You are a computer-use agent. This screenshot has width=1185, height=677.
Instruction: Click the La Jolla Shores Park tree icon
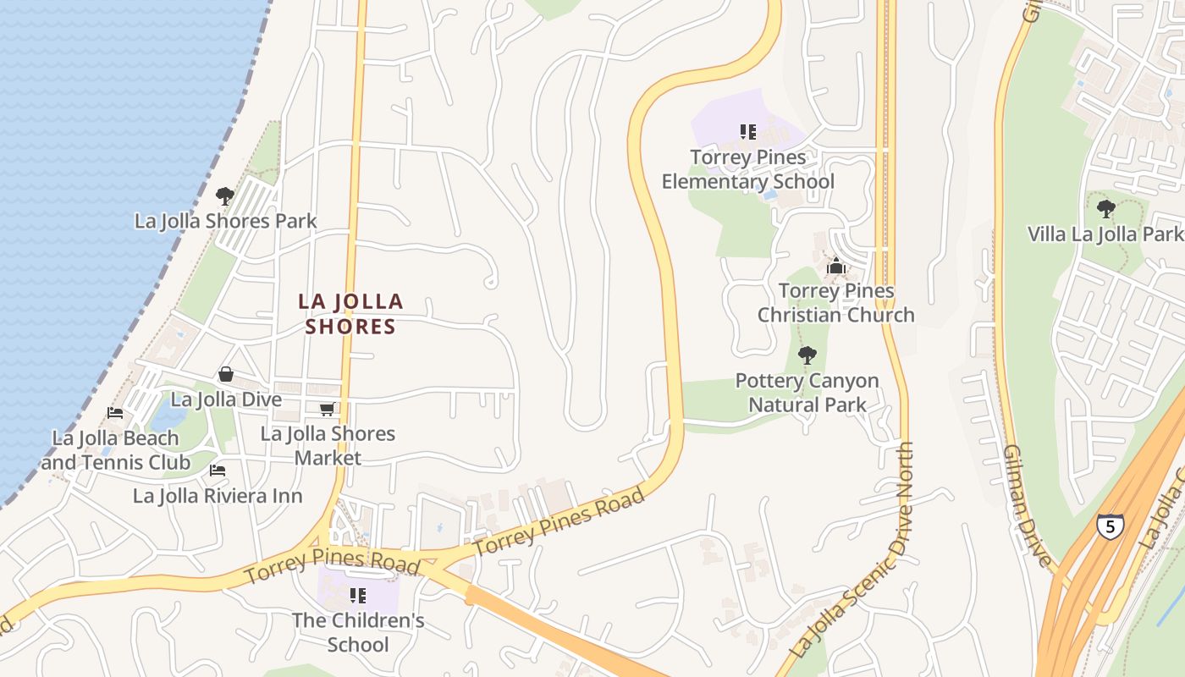pos(224,196)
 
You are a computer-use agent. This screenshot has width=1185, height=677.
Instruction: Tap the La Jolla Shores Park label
pos(225,221)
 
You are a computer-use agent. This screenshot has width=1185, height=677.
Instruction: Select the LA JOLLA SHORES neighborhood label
pos(350,314)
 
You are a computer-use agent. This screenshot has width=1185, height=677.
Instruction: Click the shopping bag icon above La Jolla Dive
pos(226,374)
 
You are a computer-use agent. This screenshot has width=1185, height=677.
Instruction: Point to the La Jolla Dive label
pos(226,399)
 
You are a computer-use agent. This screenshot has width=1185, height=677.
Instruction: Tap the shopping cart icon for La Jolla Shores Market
pos(327,410)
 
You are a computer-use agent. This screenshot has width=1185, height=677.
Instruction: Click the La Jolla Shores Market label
pos(328,445)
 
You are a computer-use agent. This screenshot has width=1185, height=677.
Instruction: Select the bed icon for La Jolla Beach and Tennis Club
pos(115,413)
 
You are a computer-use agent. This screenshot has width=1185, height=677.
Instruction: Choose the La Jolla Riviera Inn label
pos(218,496)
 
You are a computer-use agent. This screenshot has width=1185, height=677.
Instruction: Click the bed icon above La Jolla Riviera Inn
pos(218,471)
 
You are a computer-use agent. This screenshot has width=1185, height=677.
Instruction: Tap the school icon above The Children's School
pos(357,596)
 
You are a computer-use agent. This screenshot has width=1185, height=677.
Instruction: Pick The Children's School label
pos(358,632)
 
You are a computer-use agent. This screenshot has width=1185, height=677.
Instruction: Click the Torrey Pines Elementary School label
pos(747,169)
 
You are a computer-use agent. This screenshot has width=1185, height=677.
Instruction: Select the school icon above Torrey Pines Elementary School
pos(747,132)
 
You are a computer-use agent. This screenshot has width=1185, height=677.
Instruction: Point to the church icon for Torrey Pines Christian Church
pos(836,267)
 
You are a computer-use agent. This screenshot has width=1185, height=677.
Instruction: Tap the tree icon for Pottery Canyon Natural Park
pos(807,355)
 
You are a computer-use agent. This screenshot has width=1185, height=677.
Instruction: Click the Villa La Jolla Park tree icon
pos(1105,208)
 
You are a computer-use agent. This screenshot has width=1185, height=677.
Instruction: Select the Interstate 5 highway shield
pos(1110,525)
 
